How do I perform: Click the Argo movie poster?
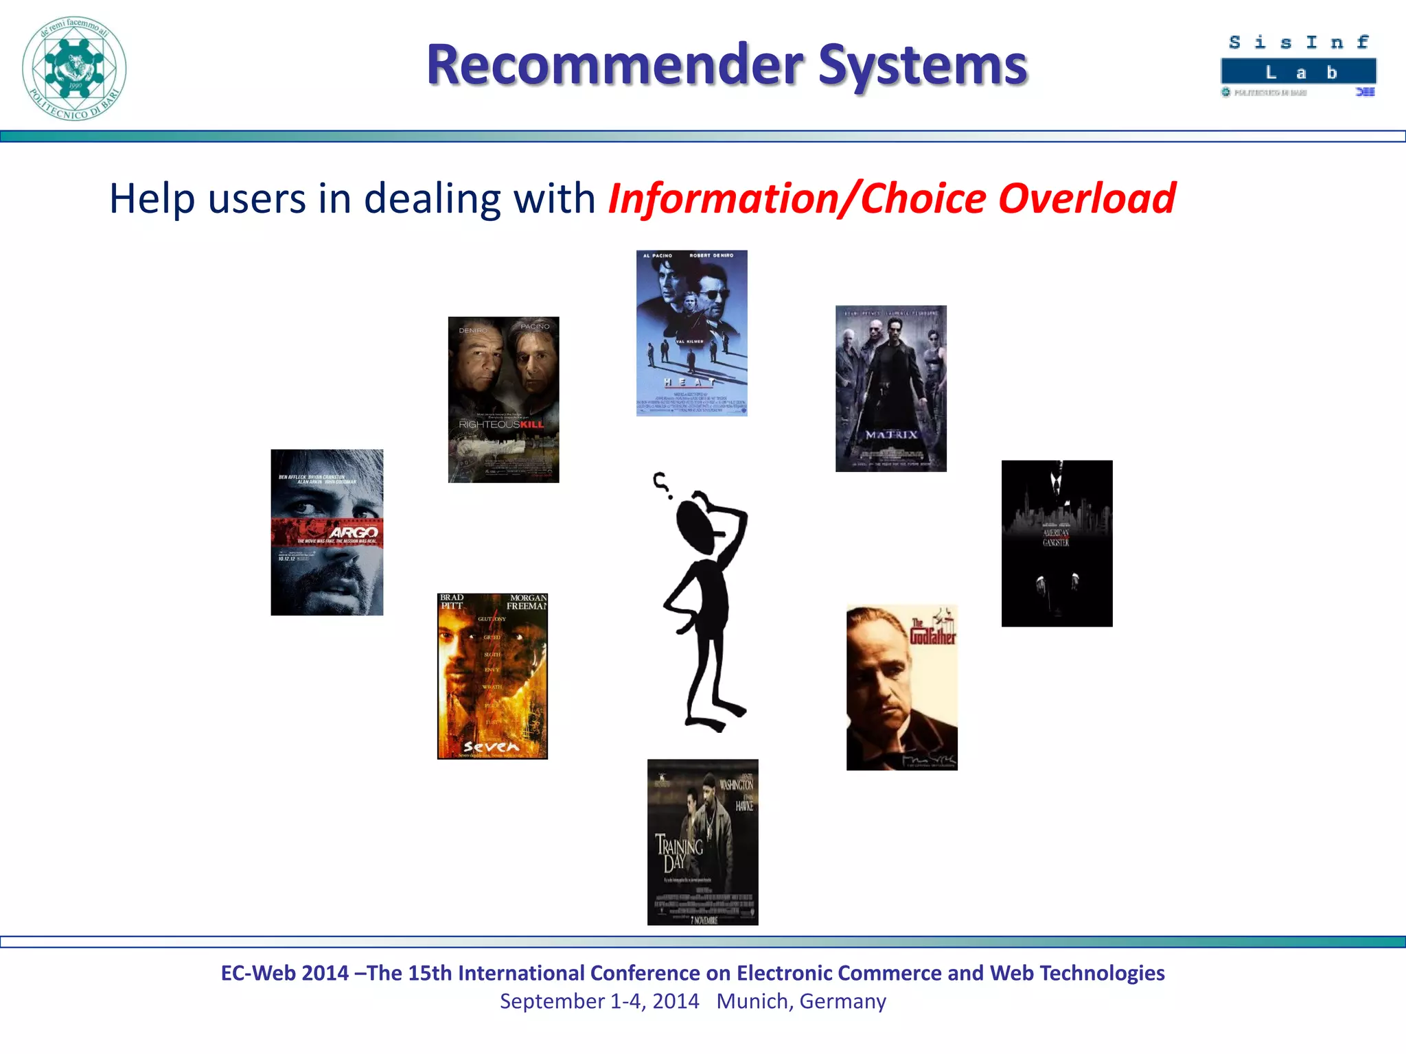coord(327,532)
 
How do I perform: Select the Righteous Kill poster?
coord(503,399)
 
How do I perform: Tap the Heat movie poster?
coord(691,333)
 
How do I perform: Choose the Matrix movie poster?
coord(890,388)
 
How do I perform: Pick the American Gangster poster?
coord(1057,543)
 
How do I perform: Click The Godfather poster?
coord(901,687)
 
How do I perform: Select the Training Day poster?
coord(702,842)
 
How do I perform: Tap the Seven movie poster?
coord(492,676)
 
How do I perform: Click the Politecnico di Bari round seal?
coord(74,69)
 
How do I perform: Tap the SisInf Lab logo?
coord(1298,66)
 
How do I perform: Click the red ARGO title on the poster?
coord(354,532)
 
